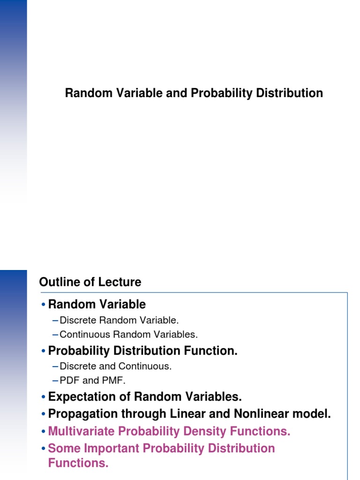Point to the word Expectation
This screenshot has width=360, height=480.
[x=83, y=397]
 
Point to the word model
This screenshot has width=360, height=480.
[x=315, y=414]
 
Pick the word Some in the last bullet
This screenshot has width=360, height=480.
[x=62, y=448]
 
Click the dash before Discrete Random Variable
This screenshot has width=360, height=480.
[x=56, y=321]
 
